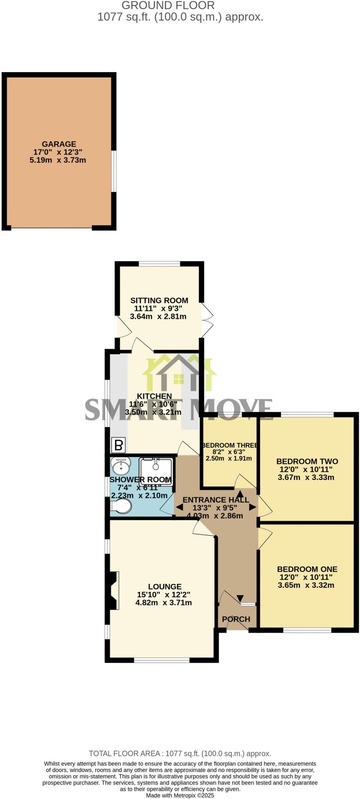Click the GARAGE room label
[x=59, y=144]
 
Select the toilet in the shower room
[x=121, y=507]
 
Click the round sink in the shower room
[x=121, y=465]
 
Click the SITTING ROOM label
[x=159, y=300]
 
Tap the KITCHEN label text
[x=154, y=396]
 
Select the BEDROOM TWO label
[x=307, y=461]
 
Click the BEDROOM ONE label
[x=307, y=569]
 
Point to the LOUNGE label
[x=165, y=586]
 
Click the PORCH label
[x=236, y=619]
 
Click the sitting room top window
[x=159, y=264]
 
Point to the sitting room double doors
[x=207, y=320]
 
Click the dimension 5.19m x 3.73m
[x=58, y=160]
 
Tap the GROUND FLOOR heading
[x=168, y=5]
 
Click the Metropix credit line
[x=180, y=795]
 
